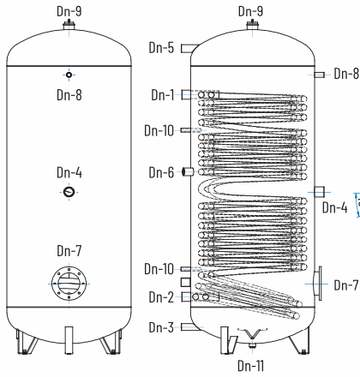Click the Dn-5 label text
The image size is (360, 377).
click(x=161, y=48)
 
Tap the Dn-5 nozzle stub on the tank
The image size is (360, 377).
click(x=189, y=49)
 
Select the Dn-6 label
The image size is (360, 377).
click(x=161, y=172)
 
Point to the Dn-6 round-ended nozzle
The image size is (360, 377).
click(x=188, y=171)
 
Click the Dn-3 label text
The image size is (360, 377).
click(x=161, y=327)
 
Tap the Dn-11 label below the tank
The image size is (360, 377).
click(x=250, y=366)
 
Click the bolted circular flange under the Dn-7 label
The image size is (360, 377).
click(x=69, y=284)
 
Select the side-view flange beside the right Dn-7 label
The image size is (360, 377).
click(x=317, y=284)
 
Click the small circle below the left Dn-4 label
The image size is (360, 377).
click(x=69, y=192)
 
